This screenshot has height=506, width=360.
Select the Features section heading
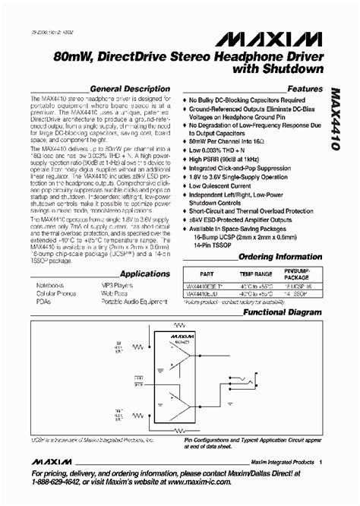304,88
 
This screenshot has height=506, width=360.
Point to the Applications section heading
144,274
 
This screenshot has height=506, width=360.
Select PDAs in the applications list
42,302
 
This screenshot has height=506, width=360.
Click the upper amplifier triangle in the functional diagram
180,350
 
